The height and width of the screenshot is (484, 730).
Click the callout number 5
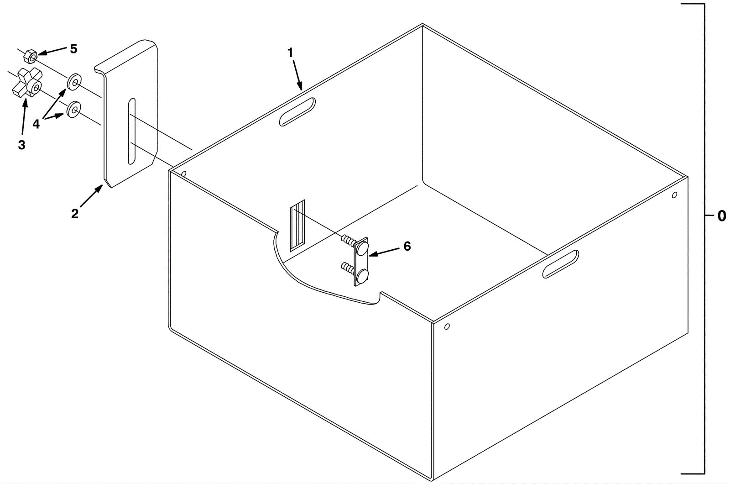coord(73,49)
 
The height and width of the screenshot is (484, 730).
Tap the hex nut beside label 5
coord(30,57)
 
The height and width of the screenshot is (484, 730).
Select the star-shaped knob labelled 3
coord(28,84)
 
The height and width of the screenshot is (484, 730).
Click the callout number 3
coord(21,145)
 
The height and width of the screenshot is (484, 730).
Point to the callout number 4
coord(36,124)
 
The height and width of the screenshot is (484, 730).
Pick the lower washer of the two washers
coord(73,109)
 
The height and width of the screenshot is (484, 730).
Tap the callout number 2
coord(75,214)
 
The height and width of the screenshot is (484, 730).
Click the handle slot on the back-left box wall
coord(297,111)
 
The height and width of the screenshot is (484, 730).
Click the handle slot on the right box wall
coord(561,264)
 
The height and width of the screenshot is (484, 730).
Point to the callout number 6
coord(407,247)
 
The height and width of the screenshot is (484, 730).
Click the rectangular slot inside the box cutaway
coord(297,225)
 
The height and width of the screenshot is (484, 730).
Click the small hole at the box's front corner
coord(447,326)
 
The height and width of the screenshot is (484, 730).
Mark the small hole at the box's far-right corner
coord(675,195)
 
